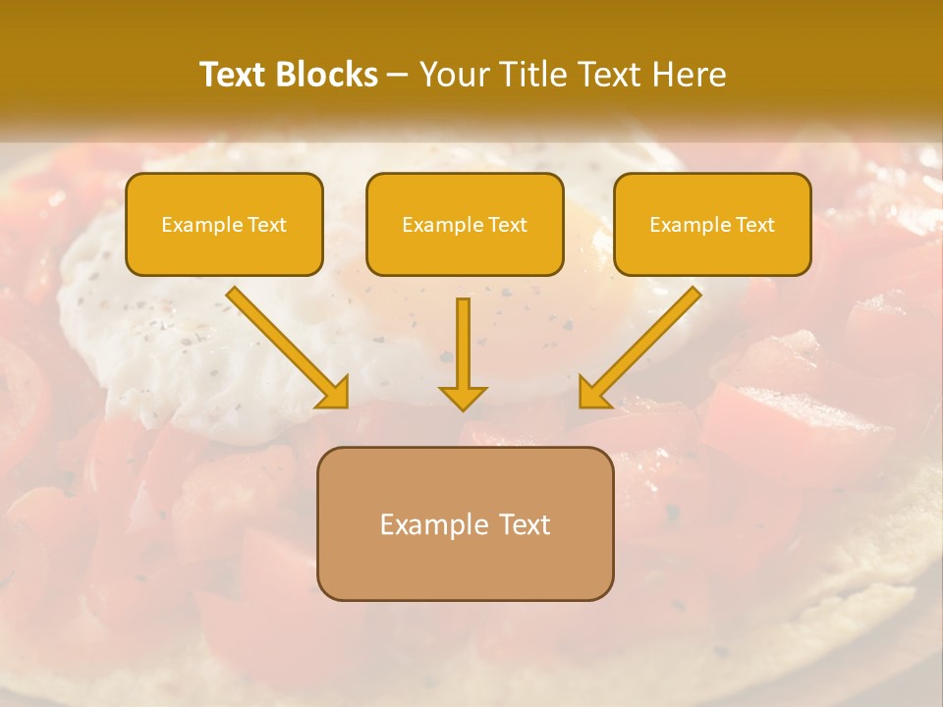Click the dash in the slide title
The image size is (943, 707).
pyautogui.click(x=398, y=76)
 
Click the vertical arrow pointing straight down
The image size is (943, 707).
pyautogui.click(x=463, y=349)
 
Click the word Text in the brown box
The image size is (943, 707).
pyautogui.click(x=525, y=524)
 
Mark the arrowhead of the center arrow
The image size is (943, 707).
pyautogui.click(x=463, y=397)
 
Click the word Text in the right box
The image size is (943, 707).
pyautogui.click(x=756, y=225)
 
